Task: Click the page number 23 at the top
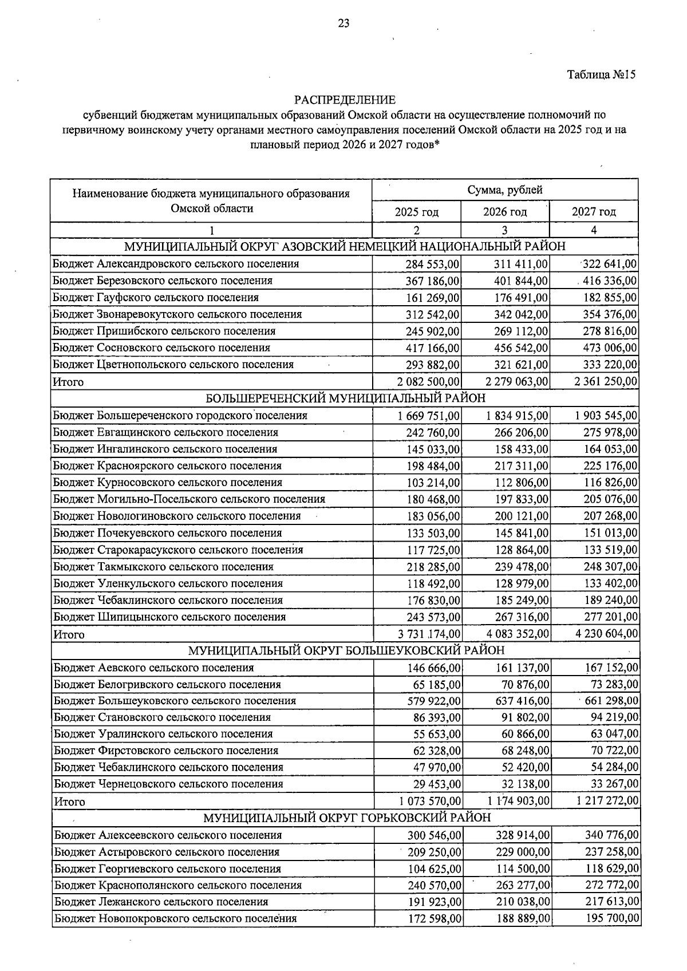pos(343,23)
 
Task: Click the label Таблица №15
pos(601,74)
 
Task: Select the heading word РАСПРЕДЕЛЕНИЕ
pos(345,100)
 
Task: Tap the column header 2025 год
pos(417,212)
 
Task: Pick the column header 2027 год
pos(594,212)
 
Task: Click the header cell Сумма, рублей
pos(505,190)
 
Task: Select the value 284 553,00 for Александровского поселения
pos(433,264)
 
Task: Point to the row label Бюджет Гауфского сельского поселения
pos(156,298)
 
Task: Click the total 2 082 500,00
pos(429,381)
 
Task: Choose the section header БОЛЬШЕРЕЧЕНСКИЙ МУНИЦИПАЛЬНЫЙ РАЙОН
pos(345,398)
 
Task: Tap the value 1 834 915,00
pos(517,416)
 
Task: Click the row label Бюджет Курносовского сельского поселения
pos(168,483)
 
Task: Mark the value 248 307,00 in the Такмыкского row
pos(610,567)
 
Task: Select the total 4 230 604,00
pos(606,634)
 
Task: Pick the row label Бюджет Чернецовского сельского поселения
pos(168,784)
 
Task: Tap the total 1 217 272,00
pos(607,801)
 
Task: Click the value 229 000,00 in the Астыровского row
pos(523,852)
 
